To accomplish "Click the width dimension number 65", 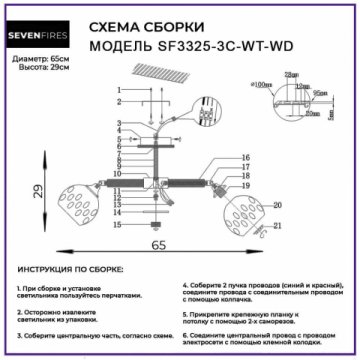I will pyautogui.click(x=157, y=243).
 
